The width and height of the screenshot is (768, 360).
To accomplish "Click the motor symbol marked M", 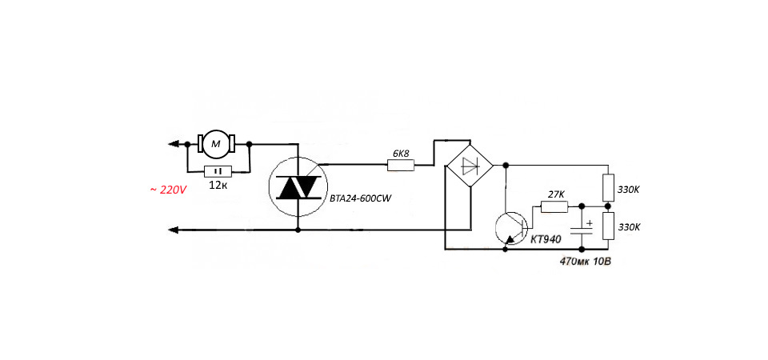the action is pos(216,143).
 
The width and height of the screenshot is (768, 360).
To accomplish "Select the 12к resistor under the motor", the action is pos(218,171).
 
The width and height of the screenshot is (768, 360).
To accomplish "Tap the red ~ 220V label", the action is pos(168,190).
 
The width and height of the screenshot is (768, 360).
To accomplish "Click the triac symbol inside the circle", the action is pos(298,186).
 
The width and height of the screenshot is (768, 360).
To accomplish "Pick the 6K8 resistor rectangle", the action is pos(401,166).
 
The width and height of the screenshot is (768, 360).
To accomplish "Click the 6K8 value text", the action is pos(401,154).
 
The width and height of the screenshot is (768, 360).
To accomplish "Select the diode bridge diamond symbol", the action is pos(470,166).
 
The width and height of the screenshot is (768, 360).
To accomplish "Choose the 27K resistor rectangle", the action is pos(554,207).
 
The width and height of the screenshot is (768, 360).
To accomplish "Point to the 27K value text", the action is pos(556,194).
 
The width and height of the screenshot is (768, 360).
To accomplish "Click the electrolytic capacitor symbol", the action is pos(582,231).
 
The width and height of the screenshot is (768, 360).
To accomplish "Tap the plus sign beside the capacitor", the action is pos(590,223).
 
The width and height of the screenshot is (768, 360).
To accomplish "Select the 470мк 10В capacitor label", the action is pos(586,261).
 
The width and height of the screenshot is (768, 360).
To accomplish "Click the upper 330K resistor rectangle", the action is pos(608,187).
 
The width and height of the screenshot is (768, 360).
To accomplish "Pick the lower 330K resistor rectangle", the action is pos(608,226).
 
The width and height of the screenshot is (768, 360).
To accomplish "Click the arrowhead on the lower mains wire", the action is pos(173,230).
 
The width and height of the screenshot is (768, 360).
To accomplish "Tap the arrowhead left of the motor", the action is pos(173,144).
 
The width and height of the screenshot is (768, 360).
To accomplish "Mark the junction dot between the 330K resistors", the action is pos(608,206).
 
